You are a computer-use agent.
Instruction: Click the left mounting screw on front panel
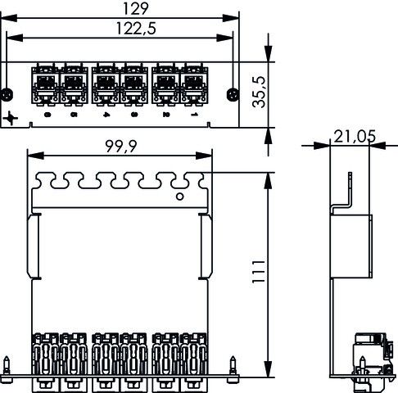coord(9,93)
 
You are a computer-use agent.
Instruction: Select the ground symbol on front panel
coord(11,120)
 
